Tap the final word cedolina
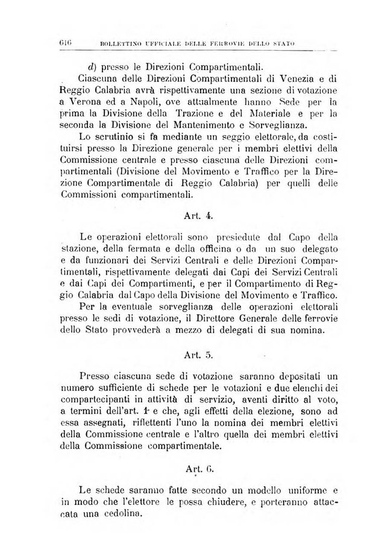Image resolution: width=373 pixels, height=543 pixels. pos(118,514)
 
